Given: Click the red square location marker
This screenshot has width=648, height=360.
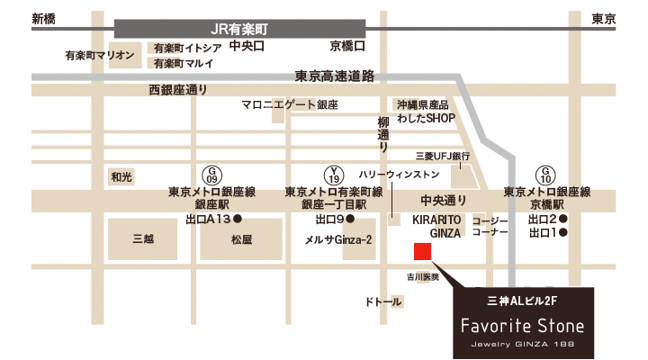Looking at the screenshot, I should click(421, 251).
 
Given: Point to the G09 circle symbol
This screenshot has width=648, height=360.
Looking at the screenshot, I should click(213, 173).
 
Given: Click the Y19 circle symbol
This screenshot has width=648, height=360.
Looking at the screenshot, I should click(335, 173).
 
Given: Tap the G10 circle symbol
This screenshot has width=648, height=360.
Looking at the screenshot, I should click(546, 173).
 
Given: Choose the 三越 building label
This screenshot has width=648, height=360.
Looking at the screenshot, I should click(144, 239).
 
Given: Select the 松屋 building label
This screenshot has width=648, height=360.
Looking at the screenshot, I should click(241, 239).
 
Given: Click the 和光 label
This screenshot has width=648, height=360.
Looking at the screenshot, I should click(121, 177).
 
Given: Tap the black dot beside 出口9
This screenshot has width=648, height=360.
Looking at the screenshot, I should click(351, 219).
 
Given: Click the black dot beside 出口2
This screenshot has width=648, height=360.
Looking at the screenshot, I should click(563, 219).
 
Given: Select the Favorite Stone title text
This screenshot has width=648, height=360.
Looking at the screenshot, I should click(523, 325).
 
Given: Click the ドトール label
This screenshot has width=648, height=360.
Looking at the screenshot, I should click(382, 302).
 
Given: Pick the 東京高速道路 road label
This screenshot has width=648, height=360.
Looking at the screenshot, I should click(334, 76).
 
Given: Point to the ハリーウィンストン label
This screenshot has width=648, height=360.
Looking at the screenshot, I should click(400, 174).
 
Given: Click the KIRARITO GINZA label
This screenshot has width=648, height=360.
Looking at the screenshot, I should click(437, 225).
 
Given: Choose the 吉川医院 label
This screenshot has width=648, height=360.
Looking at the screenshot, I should click(422, 277).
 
